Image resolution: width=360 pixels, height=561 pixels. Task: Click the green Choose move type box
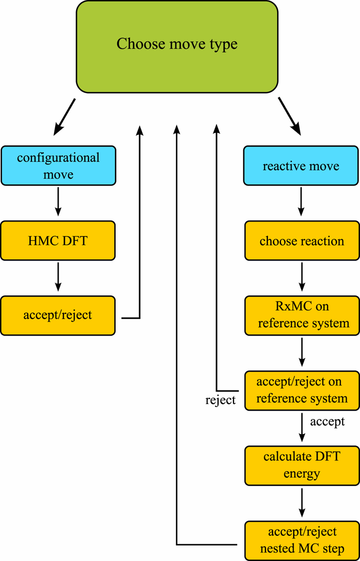pyautogui.click(x=177, y=46)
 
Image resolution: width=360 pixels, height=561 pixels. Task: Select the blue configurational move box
pyautogui.click(x=58, y=166)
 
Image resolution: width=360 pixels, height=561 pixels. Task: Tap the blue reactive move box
pyautogui.click(x=301, y=166)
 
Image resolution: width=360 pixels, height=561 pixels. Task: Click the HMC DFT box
pyautogui.click(x=58, y=240)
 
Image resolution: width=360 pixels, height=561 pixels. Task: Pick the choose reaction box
pyautogui.click(x=301, y=240)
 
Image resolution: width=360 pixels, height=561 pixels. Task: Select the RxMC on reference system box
pyautogui.click(x=301, y=315)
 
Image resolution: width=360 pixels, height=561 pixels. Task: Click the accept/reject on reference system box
pyautogui.click(x=301, y=390)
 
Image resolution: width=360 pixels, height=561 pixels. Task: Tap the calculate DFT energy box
pyautogui.click(x=301, y=465)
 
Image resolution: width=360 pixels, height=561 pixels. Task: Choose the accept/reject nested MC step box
pyautogui.click(x=301, y=540)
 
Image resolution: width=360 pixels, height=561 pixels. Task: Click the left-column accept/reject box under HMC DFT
pyautogui.click(x=58, y=315)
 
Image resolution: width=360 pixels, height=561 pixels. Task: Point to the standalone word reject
pyautogui.click(x=221, y=400)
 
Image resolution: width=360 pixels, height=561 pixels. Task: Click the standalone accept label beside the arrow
pyautogui.click(x=327, y=422)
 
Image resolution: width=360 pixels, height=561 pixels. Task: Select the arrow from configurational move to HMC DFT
pyautogui.click(x=58, y=202)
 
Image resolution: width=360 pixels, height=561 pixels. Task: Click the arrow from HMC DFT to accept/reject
pyautogui.click(x=58, y=277)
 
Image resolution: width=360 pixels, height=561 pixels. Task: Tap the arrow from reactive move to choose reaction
pyautogui.click(x=301, y=202)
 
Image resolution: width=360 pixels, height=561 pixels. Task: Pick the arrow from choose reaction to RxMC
pyautogui.click(x=301, y=277)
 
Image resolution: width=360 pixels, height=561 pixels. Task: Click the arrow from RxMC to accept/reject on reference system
pyautogui.click(x=301, y=353)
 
